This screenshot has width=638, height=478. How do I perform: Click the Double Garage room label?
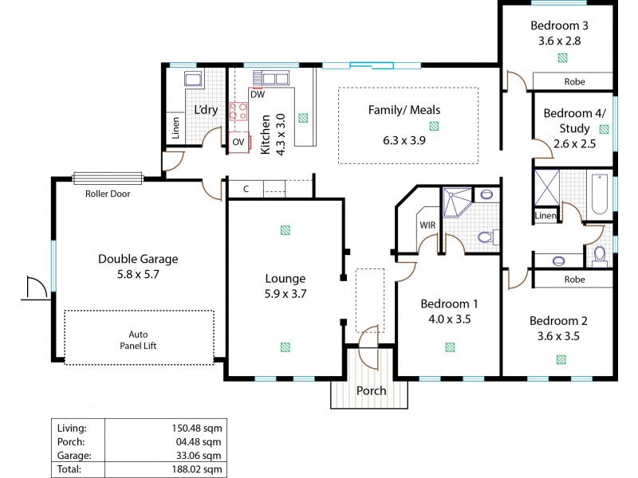click(138, 259)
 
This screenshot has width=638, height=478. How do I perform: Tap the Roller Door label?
click(107, 193)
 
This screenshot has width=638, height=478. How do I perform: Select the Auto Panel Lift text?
click(139, 341)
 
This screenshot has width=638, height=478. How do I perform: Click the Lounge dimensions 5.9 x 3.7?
click(286, 293)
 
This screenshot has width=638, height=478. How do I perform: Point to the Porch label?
click(371, 391)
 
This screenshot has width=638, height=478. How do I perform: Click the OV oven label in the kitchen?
click(238, 143)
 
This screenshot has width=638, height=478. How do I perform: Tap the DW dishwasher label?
click(257, 95)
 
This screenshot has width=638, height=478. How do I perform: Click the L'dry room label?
click(206, 110)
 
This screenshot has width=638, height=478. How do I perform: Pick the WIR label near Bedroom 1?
click(427, 225)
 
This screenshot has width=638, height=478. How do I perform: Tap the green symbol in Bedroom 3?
click(562, 57)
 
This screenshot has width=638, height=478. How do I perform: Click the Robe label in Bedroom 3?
click(574, 81)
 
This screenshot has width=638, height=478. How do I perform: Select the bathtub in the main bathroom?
click(600, 192)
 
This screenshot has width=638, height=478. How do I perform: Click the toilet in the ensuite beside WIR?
click(484, 237)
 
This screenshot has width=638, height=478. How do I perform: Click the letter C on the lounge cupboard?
click(246, 189)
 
